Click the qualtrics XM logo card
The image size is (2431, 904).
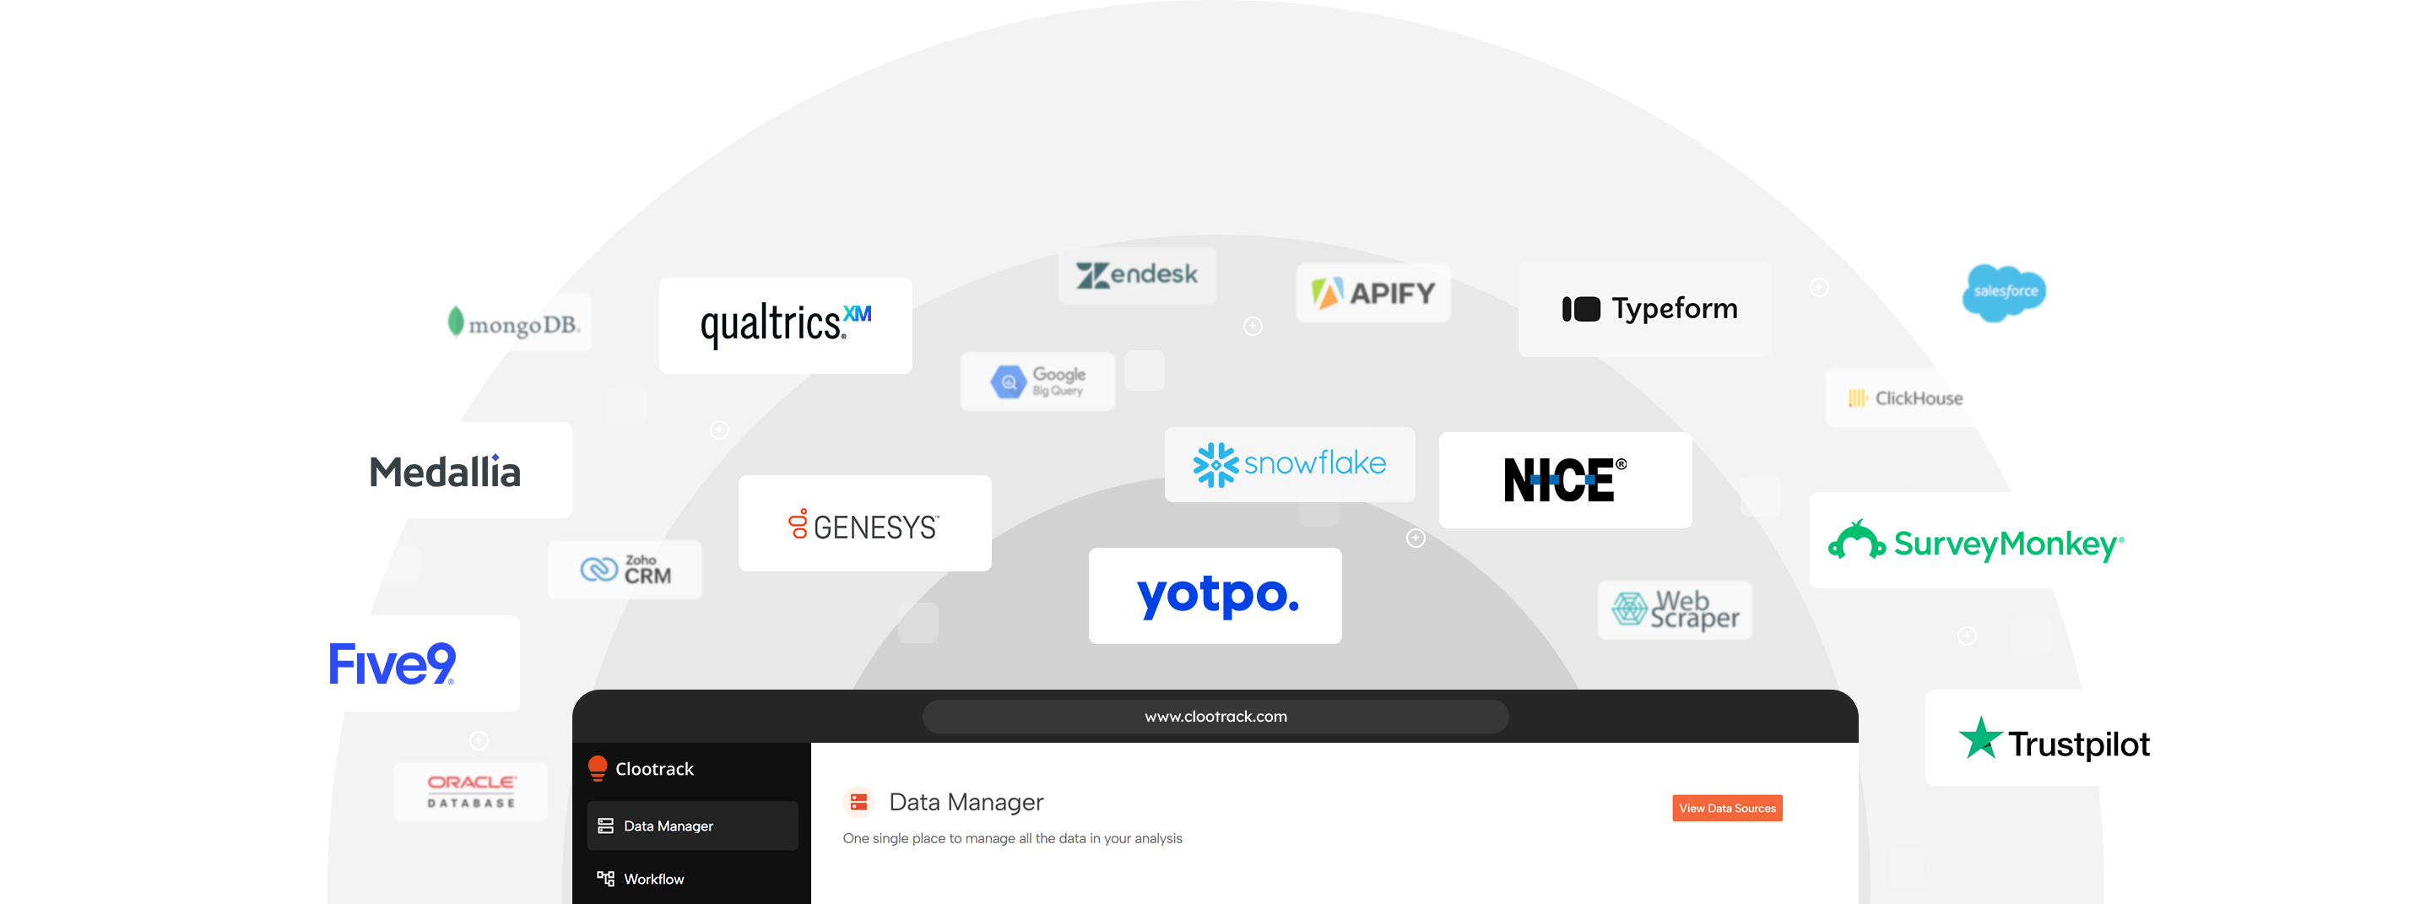tap(785, 326)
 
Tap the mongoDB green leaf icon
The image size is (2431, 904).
tap(456, 321)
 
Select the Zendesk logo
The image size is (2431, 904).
tap(1136, 274)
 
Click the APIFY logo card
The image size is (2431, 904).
tap(1373, 293)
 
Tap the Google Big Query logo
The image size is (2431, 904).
tap(1037, 382)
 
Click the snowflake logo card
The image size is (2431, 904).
tap(1289, 464)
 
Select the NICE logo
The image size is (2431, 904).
tap(1565, 479)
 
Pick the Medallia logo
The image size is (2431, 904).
tap(445, 472)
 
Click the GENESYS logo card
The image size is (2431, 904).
tap(864, 523)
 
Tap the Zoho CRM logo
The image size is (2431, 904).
tap(625, 569)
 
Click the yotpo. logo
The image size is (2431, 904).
tap(1215, 595)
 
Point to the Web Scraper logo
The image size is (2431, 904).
tap(1675, 609)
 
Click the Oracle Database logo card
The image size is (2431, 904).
tap(470, 791)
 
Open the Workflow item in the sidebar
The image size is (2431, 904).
tap(653, 879)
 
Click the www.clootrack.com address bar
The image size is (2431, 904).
tap(1215, 717)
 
